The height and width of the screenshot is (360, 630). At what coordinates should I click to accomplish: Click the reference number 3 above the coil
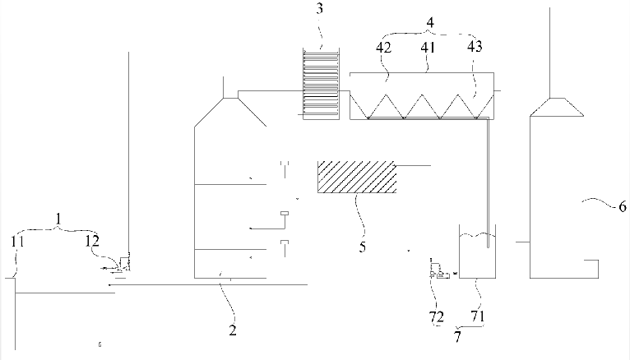pos(319,8)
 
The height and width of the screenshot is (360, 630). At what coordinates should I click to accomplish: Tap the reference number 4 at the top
pos(430,22)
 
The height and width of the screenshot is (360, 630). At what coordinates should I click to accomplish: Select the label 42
pos(384,48)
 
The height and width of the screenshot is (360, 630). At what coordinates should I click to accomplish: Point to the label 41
pos(428,48)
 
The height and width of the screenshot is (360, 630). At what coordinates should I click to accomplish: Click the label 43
pos(475,47)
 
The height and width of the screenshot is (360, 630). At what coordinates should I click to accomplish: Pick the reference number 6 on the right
pos(622,206)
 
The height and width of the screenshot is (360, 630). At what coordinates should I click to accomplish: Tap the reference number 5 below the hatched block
pos(363,247)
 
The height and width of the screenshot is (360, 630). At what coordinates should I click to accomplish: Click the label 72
pos(437,317)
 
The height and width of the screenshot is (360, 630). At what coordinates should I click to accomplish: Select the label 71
pos(477,316)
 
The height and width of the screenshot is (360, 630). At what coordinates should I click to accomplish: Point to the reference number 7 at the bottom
pos(457,336)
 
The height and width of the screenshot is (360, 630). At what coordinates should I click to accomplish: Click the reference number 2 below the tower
pos(233,330)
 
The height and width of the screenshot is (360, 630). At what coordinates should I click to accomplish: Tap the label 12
pos(92,241)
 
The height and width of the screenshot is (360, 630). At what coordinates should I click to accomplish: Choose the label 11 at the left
pos(17,242)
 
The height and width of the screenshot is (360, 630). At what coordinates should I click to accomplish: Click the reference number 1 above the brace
pos(58,219)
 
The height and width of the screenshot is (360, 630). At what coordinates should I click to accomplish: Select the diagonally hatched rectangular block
pos(357,177)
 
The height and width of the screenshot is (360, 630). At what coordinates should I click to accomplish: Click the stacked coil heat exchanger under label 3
pos(321,84)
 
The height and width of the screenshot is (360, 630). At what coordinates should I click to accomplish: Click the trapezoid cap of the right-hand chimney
pos(557,107)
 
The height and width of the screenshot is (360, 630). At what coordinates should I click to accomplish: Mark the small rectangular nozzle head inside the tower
pos(285,213)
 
